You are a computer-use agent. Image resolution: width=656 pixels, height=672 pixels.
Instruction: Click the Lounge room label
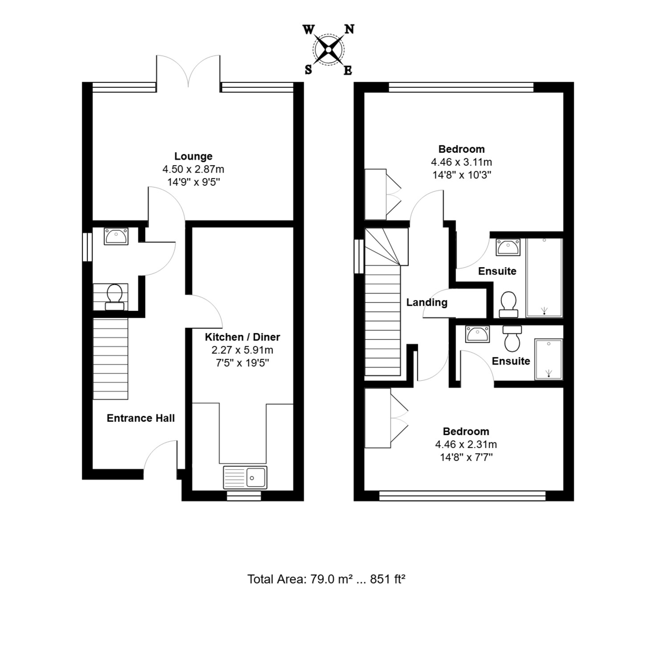193,156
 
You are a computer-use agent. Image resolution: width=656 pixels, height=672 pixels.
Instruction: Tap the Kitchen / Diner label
242,337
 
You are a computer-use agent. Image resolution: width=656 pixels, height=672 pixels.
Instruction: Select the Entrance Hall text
141,418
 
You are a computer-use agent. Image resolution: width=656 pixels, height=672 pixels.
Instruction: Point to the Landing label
427,302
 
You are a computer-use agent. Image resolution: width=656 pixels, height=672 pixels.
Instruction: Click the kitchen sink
245,478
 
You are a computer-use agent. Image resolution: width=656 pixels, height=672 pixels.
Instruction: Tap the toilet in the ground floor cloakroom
114,297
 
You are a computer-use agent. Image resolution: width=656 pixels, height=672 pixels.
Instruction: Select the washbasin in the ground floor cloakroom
116,236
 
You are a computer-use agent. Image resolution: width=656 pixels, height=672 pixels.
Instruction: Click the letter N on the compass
349,29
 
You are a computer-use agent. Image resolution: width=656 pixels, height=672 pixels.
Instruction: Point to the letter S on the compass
308,70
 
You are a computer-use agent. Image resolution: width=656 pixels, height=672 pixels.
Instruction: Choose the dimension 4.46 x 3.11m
462,162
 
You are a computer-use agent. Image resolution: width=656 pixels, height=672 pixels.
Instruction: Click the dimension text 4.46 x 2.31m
466,445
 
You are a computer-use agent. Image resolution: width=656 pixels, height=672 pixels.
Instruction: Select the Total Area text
325,579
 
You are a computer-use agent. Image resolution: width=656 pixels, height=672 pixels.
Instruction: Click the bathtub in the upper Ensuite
544,278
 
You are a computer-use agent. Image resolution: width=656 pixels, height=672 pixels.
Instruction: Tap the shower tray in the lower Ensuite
548,360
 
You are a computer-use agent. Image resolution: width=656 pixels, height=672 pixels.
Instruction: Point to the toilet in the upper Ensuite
509,305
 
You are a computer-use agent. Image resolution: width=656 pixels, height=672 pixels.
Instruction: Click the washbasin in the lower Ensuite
477,334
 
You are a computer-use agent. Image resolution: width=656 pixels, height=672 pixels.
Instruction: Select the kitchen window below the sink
244,496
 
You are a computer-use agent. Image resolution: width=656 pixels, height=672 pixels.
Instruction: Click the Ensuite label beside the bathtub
497,272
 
